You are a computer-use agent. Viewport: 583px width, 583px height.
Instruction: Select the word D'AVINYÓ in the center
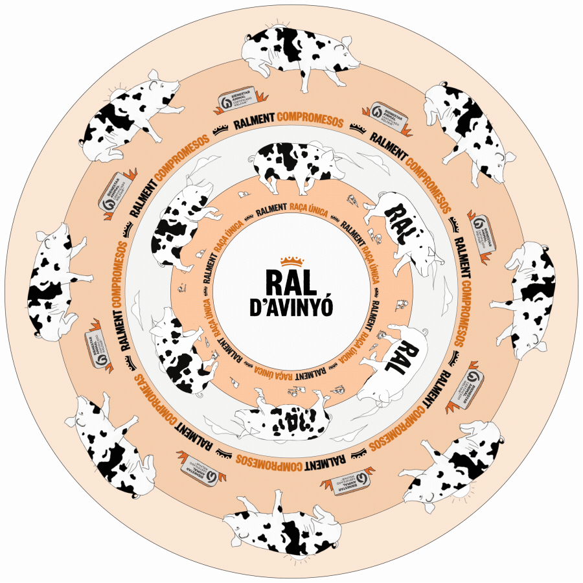(291, 308)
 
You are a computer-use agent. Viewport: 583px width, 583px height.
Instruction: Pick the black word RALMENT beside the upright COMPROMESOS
(256, 123)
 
